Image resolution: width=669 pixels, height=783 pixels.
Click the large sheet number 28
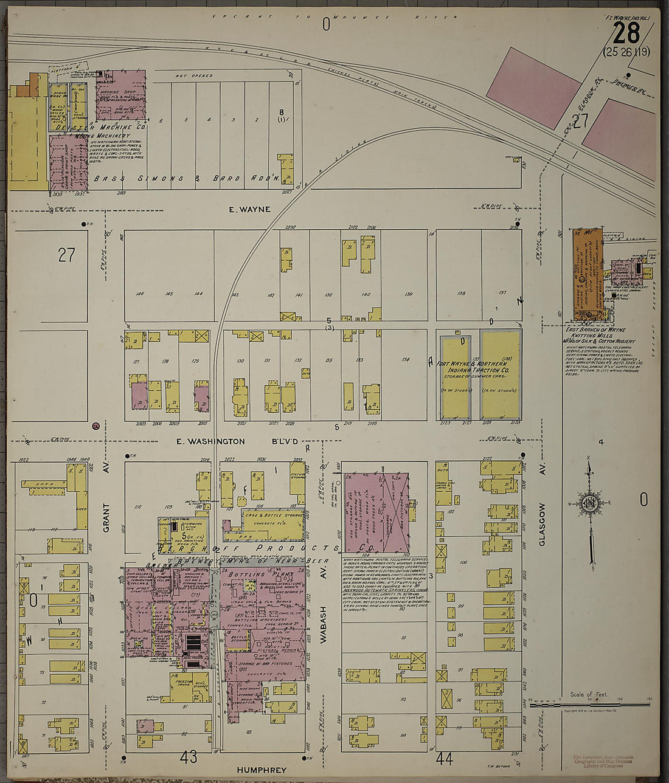[626, 32]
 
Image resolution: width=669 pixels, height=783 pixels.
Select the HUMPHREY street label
[262, 770]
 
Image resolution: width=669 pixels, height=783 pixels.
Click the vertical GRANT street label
[106, 517]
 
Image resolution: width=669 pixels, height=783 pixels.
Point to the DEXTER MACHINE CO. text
[100, 127]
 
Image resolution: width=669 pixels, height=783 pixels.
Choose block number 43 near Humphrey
[189, 757]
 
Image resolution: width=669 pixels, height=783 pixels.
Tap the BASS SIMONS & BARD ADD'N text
[185, 179]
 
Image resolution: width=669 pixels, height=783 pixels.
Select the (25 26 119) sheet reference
[626, 52]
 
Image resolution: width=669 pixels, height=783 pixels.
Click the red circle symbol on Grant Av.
[95, 427]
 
